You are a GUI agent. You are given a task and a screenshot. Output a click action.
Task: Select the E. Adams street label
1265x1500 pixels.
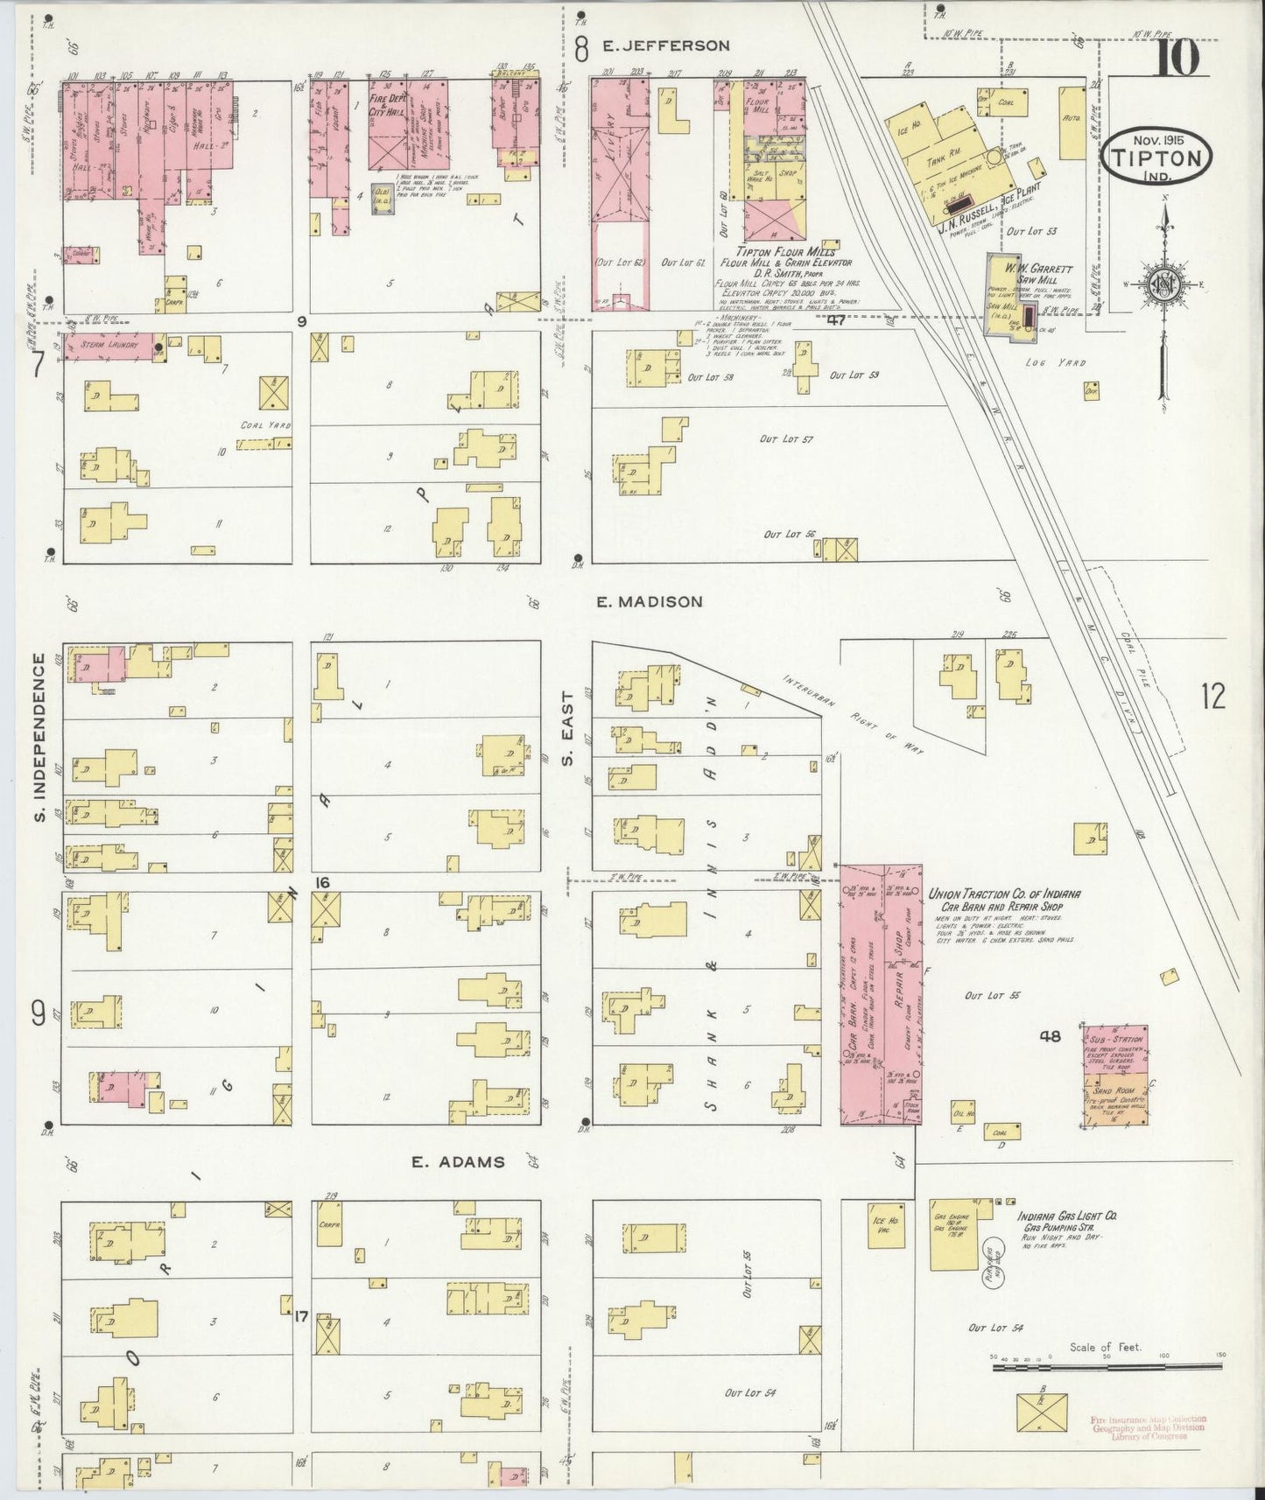[459, 1162]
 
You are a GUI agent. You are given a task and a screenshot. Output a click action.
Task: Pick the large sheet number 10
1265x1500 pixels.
[1178, 60]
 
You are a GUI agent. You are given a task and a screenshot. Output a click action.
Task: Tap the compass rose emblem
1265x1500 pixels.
[1163, 284]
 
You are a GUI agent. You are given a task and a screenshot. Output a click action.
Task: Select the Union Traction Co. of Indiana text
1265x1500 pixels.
[1003, 894]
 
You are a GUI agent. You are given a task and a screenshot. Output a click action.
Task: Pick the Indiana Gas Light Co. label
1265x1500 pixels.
[1066, 1216]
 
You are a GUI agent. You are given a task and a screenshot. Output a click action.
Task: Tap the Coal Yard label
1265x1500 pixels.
[266, 425]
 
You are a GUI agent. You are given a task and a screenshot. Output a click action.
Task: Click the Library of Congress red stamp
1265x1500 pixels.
[1148, 1427]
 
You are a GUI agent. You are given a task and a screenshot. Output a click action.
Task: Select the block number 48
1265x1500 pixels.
[1051, 1036]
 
